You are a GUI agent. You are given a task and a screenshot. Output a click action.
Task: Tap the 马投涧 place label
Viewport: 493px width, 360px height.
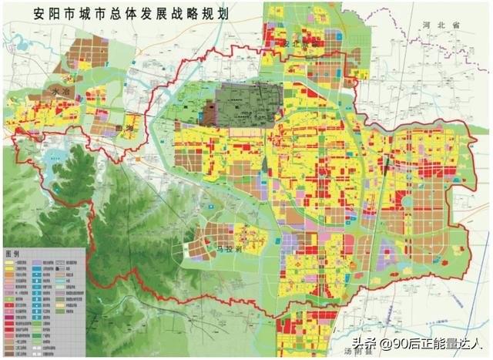tap(230, 248)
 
